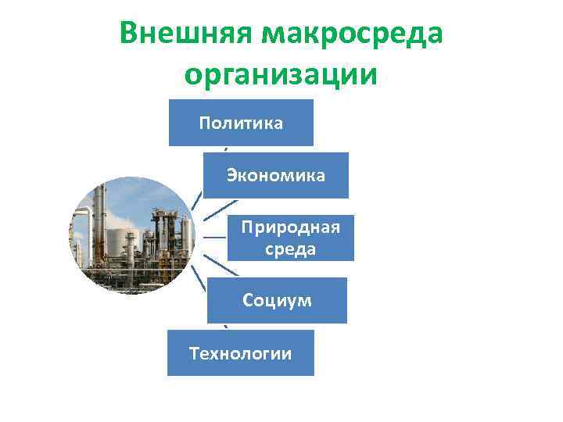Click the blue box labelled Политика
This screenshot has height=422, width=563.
pos(241,123)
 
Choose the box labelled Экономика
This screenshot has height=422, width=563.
pos(276,175)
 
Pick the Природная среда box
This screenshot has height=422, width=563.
pos(290,238)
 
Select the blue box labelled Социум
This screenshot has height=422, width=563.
pos(277,300)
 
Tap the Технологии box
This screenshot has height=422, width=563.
pos(241,353)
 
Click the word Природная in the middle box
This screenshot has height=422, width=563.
pos(290,227)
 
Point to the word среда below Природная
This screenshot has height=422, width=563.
pos(290,249)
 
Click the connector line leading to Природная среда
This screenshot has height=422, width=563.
pos(214,237)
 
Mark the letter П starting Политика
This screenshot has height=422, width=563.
pos(206,123)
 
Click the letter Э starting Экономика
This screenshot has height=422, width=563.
pos(232,175)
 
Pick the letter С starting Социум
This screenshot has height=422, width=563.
pos(248,300)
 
